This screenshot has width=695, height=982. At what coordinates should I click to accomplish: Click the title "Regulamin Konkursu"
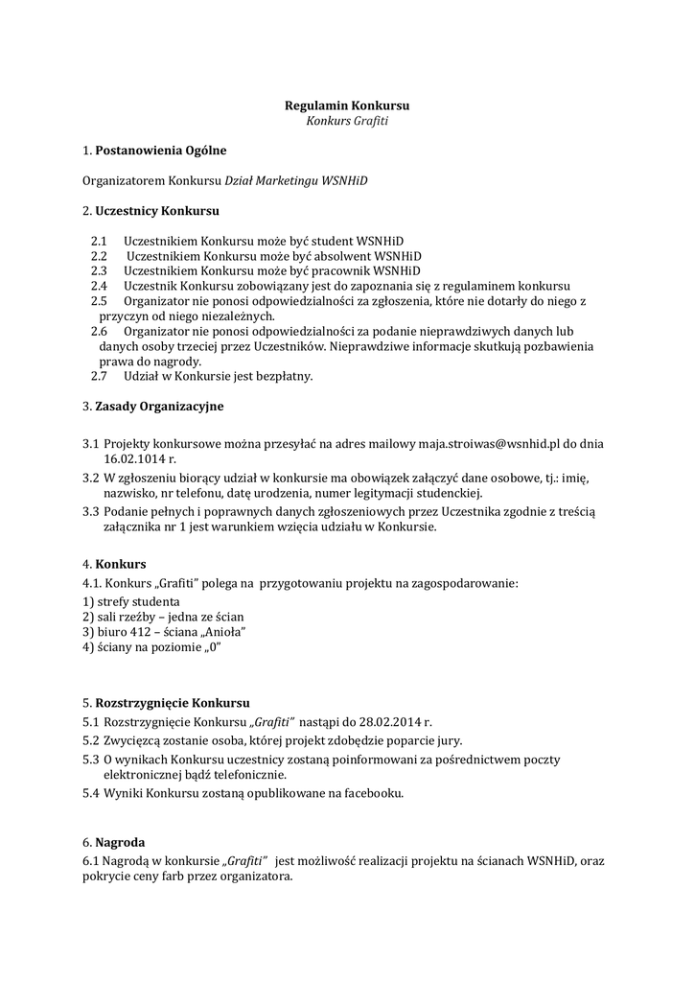pos(347,105)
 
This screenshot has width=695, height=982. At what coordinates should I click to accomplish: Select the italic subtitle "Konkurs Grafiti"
pos(347,122)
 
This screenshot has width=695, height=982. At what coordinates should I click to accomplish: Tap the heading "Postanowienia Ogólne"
pos(161,151)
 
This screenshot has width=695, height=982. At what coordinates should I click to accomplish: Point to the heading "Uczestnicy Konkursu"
pos(157,210)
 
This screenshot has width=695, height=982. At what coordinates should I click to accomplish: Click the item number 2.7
pos(99,376)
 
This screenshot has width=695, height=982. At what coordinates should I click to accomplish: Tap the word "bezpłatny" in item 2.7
pos(282,376)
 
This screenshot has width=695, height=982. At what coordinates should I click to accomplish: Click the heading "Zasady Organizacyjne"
pos(159,406)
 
